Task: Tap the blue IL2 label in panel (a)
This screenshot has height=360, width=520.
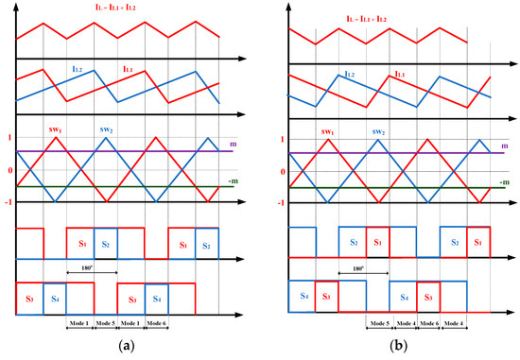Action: coord(78,68)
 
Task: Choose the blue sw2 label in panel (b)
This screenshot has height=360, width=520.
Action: coord(378,132)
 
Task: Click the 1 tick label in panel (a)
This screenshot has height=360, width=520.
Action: coord(8,138)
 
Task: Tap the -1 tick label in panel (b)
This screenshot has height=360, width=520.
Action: coord(281,203)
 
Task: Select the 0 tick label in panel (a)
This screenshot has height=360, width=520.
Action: coord(8,171)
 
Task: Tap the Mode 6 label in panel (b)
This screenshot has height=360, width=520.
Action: coord(429,322)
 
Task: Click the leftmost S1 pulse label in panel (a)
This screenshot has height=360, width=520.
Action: coord(82,244)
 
